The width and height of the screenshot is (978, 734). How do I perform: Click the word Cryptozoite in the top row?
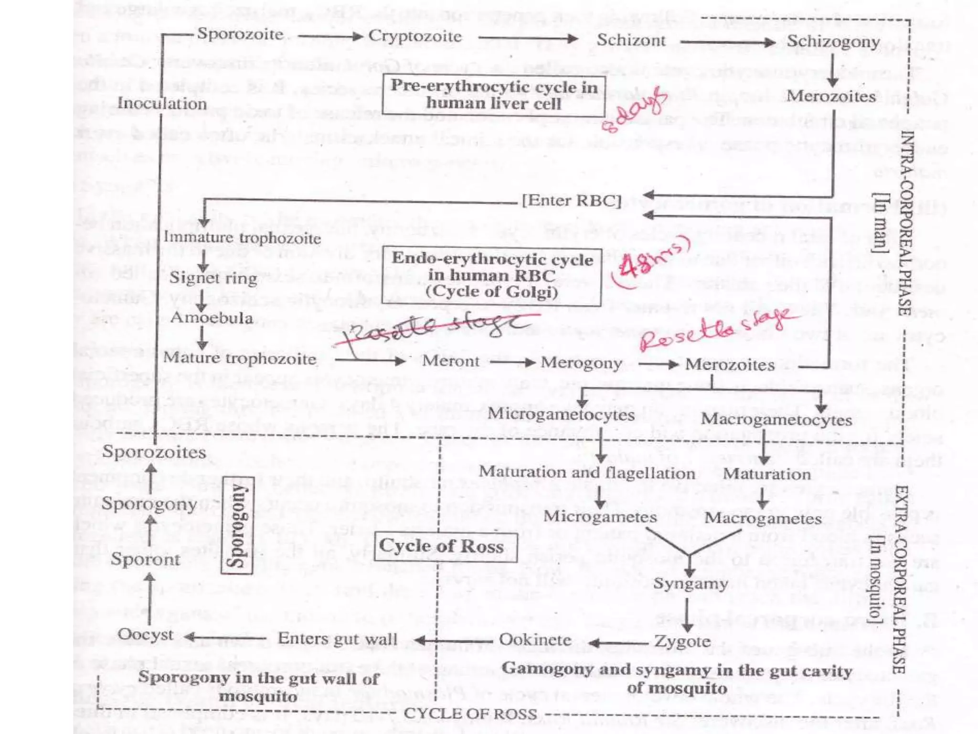(415, 36)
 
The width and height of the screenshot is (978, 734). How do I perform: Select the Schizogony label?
(833, 42)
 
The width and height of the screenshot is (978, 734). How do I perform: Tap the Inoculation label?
(162, 103)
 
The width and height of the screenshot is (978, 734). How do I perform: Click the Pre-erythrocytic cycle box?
(493, 95)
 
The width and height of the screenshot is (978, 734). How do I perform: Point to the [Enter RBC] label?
(572, 200)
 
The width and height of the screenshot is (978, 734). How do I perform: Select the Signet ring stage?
(213, 278)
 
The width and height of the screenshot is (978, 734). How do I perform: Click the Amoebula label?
(212, 318)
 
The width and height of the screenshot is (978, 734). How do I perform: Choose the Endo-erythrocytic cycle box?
(492, 276)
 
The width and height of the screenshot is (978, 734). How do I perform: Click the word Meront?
(450, 361)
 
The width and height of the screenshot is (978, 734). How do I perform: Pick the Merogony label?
(581, 363)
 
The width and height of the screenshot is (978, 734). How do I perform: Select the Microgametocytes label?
(561, 414)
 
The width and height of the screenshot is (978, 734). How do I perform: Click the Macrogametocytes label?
(776, 420)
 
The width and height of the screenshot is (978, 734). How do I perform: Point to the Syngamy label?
(691, 583)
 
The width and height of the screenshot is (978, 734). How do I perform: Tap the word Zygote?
(682, 641)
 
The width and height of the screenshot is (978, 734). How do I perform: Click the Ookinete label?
(535, 640)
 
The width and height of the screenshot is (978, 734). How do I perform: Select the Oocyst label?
(146, 635)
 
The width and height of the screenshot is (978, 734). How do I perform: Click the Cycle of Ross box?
(445, 546)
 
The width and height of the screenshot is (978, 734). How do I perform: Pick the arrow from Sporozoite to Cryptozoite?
(330, 36)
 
